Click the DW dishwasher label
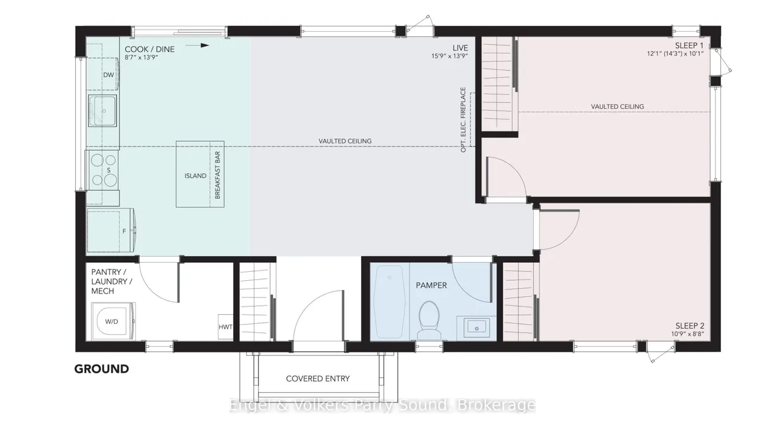pos(108,75)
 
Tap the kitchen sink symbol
pos(102,111)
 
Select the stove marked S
pos(104,170)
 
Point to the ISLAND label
pos(195,176)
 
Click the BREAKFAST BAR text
pos(218,175)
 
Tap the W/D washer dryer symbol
pos(114,321)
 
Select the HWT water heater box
pos(225,327)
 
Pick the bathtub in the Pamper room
pos(390,302)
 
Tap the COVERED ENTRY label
pos(318,379)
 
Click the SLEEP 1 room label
pos(689,45)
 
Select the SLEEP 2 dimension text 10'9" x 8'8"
pos(688,334)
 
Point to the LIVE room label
pos(460,48)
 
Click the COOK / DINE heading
pos(149,49)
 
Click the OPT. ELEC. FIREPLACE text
pos(463,120)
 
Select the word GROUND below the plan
pos(102,369)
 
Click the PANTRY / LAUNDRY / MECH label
pos(112,281)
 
